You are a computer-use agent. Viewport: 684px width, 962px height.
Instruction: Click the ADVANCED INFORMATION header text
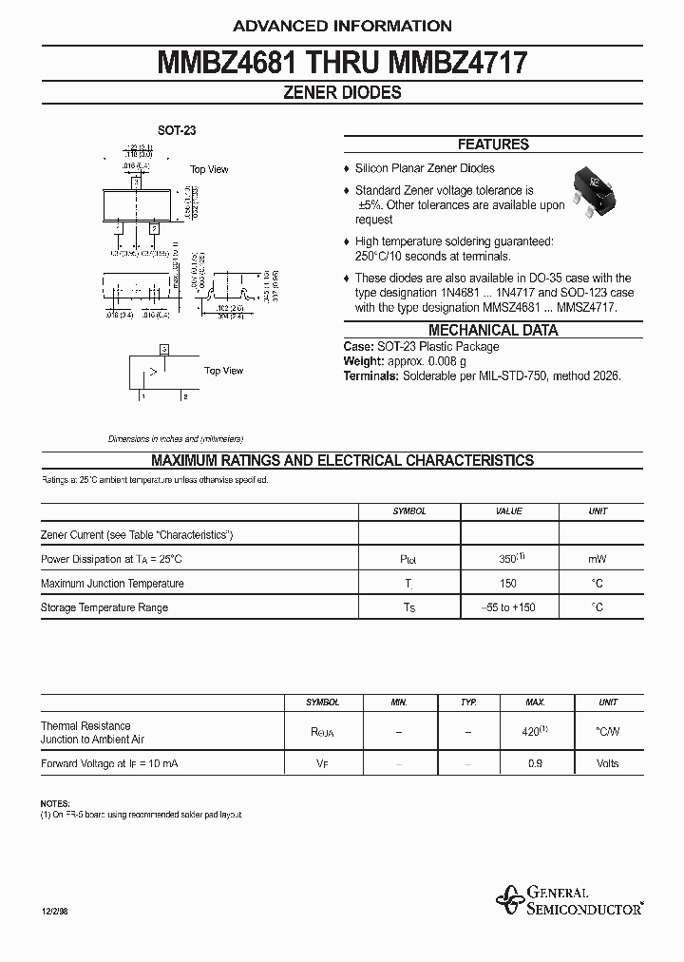tap(342, 26)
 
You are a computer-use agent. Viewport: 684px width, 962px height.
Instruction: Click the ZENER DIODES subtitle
tap(342, 93)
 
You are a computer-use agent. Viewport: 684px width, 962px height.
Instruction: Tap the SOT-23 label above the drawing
tap(177, 131)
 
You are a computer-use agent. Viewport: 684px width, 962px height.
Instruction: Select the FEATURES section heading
tap(493, 144)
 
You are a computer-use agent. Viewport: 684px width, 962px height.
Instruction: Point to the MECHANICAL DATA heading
tap(493, 331)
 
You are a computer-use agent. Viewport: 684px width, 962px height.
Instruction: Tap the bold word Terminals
tap(370, 376)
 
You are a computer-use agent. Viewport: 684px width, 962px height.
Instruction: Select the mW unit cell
tap(598, 559)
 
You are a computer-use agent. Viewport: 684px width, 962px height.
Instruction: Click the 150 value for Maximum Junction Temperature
tap(509, 584)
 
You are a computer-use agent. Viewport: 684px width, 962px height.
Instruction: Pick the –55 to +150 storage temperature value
tap(509, 607)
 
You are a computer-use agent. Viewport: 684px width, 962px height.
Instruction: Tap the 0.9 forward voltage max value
tap(535, 763)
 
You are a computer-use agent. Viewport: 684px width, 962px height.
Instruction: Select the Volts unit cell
tap(607, 763)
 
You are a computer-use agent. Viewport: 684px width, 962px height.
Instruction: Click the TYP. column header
tap(468, 702)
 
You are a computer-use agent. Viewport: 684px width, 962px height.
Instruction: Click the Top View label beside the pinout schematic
tap(223, 371)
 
